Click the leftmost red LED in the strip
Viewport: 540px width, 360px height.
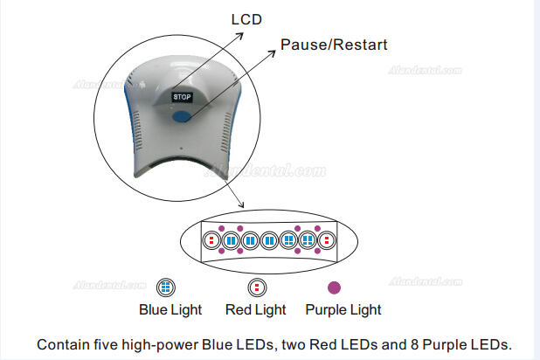pos(211,239)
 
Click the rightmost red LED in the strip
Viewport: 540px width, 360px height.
pos(326,239)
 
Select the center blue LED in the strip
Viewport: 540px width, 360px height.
pos(268,239)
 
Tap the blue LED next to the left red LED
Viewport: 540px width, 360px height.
pos(231,239)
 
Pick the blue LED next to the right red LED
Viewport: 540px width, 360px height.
pos(307,239)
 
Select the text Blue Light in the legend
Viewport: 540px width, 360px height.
pos(170,309)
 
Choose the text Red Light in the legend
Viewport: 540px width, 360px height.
pos(256,309)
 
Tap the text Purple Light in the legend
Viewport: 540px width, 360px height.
pos(343,309)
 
